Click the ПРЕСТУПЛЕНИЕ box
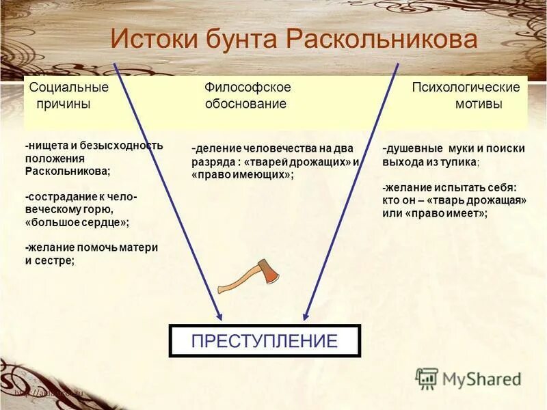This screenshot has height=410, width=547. point(264,341)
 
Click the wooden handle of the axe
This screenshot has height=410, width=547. point(236,282)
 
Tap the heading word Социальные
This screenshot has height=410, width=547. point(69,87)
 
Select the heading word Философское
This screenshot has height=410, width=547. point(248,87)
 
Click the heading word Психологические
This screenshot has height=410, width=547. point(466,87)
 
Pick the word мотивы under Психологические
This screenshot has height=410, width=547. point(479,105)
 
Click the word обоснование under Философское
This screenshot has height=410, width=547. point(245,105)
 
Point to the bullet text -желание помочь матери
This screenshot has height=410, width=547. point(92,247)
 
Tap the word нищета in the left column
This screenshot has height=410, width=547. point(46,146)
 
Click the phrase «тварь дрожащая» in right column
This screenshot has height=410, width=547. point(487,201)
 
